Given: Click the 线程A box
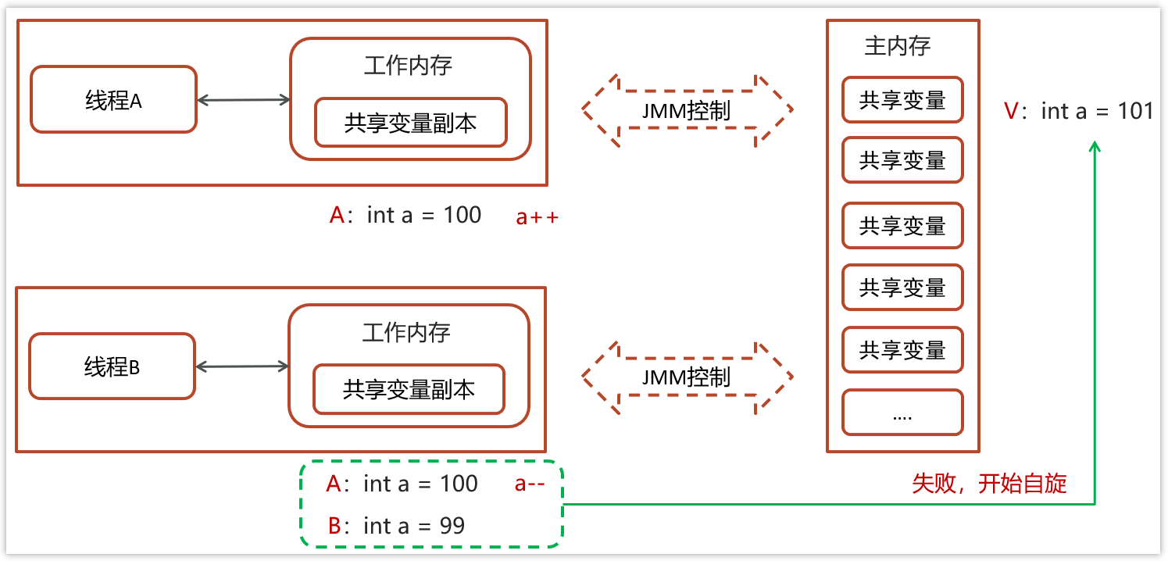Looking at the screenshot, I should coord(113,100).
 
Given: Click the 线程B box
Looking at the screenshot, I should coord(112,366).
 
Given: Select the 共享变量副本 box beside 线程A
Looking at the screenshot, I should coord(411,123).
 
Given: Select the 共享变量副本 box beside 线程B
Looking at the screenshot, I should coord(409,389).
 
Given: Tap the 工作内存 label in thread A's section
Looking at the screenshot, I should coord(408,65).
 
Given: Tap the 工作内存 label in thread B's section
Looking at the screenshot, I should coord(406,333).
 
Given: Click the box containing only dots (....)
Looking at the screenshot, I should coord(902,413).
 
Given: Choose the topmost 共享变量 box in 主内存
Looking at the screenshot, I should coord(902,100).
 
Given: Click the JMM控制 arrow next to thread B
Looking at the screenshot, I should coord(687,377).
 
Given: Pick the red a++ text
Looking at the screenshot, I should coord(538,217).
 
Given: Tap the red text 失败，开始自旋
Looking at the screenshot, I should coord(989,484).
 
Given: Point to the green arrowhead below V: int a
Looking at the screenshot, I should coord(1095,147).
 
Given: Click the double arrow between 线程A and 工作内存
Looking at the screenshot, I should coord(244,99).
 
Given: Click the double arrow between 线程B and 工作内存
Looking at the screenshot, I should coord(242,366).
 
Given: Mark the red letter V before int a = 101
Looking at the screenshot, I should coord(1012,111).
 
